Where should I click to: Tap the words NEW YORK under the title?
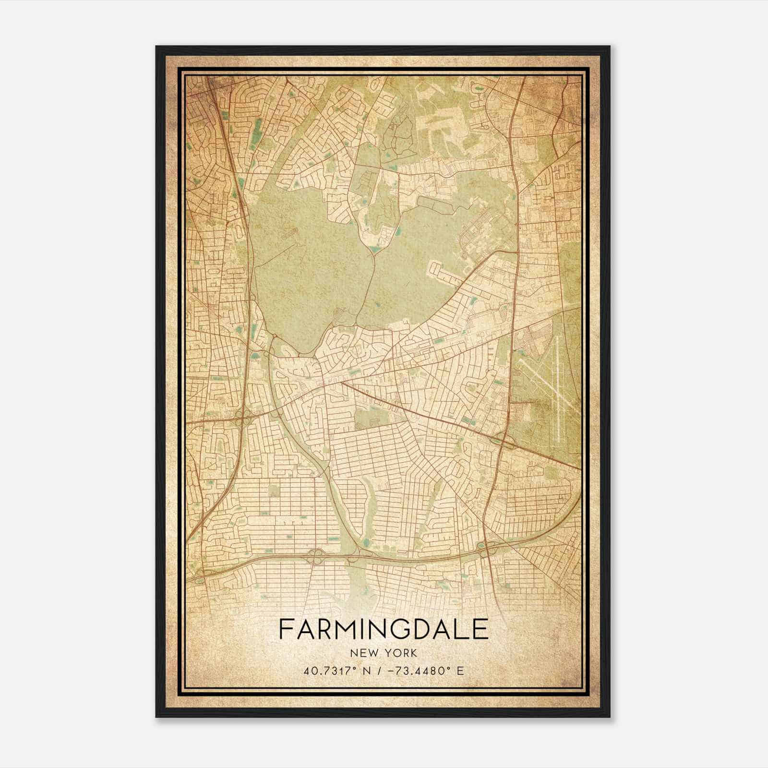coord(384,653)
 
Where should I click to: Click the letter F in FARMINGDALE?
coord(285,629)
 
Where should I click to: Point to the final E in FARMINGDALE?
coord(481,629)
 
